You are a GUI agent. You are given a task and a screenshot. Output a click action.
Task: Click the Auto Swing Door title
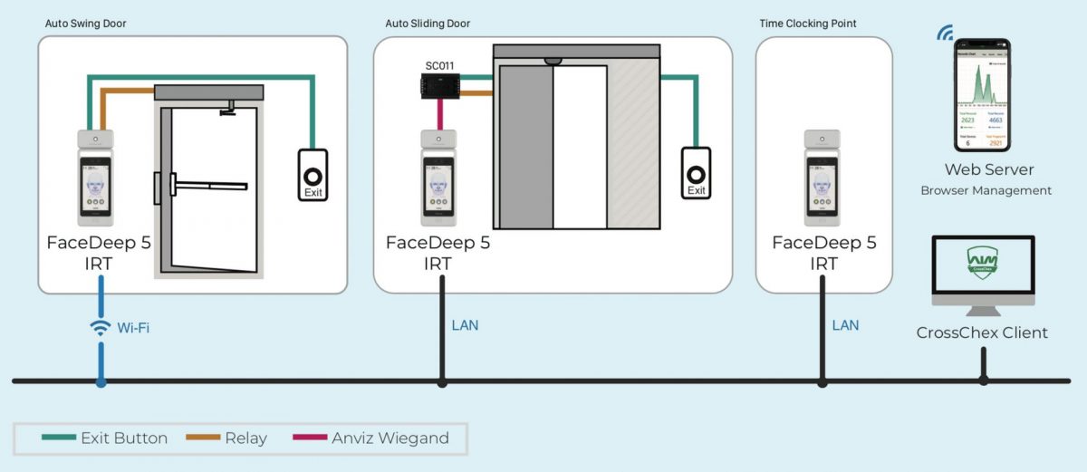click(86, 24)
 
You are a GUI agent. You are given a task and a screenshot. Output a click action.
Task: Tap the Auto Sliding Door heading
click(428, 24)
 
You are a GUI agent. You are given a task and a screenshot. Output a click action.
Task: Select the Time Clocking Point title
click(808, 24)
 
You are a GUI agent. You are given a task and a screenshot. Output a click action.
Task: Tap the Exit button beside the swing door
click(313, 175)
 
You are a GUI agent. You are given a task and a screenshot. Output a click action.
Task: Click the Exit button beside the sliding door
click(696, 171)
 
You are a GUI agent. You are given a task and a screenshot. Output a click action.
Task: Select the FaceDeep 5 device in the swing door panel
click(95, 178)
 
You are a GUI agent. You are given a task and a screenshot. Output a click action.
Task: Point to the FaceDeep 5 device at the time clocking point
click(822, 178)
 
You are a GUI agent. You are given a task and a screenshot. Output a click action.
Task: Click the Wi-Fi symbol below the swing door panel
click(101, 327)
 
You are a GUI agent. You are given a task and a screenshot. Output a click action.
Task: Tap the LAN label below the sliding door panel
click(465, 325)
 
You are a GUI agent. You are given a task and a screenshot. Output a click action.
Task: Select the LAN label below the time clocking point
click(845, 325)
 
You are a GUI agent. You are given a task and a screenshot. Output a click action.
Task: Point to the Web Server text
click(988, 169)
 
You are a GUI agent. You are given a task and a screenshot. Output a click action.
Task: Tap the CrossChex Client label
click(982, 332)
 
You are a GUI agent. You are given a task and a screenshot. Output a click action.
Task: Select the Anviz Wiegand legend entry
click(371, 438)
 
